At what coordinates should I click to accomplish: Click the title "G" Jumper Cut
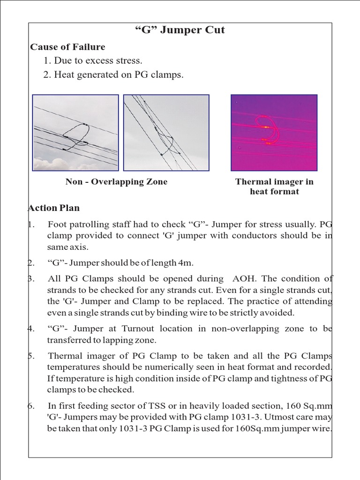pos(180,30)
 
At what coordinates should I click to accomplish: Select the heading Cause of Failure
pos(67,47)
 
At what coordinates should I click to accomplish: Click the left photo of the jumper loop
pos(75,133)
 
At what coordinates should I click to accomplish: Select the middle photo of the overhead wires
pos(166,133)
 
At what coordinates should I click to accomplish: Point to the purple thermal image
pos(274,133)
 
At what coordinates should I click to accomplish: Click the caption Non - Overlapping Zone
pos(116,182)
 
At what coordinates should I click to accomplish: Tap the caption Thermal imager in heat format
pos(274,187)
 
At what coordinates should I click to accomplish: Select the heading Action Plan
pos(54,208)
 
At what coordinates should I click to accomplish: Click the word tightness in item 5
pos(280,379)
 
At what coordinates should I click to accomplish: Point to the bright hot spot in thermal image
pos(266,127)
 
